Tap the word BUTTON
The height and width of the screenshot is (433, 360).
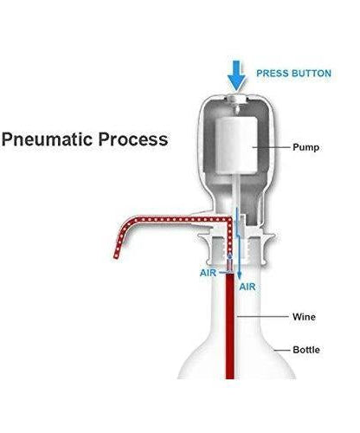311,74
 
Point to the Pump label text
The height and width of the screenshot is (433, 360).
305,147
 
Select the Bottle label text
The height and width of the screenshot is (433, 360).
305,350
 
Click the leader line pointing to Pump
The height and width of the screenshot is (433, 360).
273,147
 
